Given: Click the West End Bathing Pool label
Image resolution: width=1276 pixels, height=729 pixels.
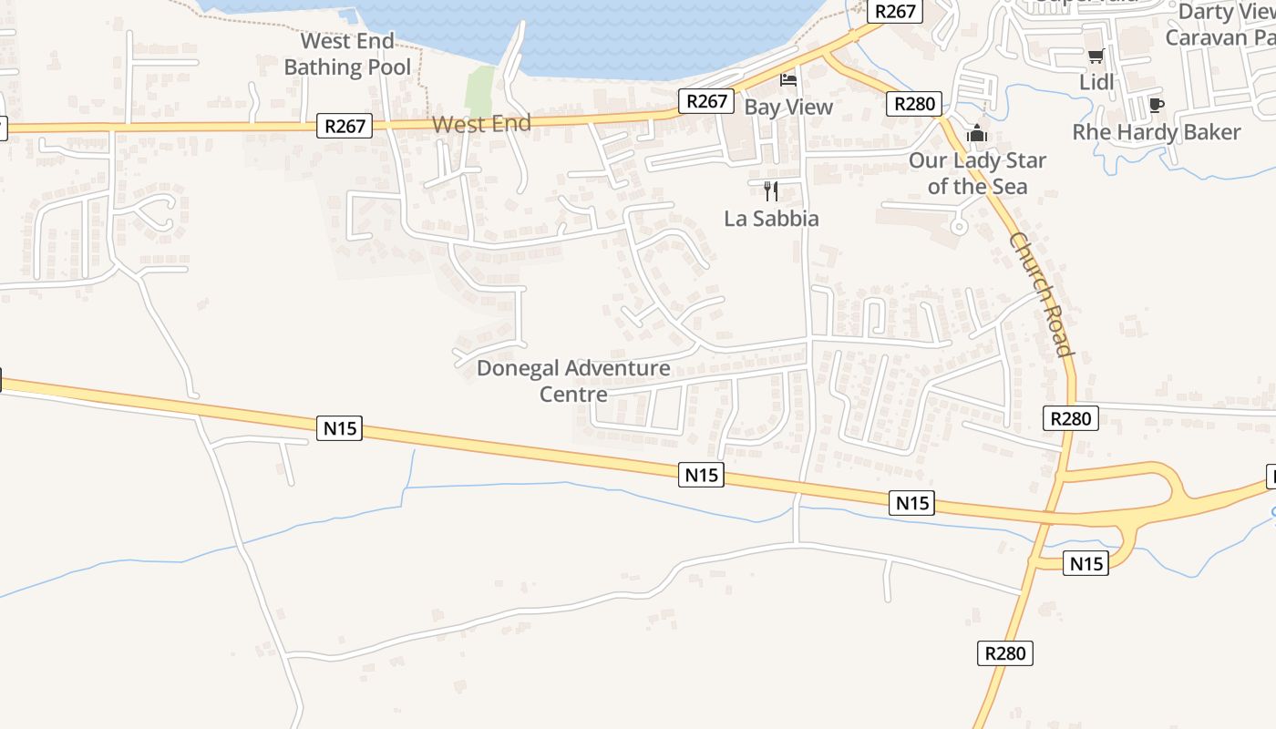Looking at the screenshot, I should tap(347, 54).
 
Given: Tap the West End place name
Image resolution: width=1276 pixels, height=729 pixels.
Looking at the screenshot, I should tap(481, 124).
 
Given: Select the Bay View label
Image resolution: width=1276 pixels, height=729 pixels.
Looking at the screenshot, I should tap(788, 107).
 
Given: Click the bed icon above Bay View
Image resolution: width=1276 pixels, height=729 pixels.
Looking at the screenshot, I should tap(788, 80).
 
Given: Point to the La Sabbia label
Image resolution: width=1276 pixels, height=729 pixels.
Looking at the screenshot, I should tap(771, 219).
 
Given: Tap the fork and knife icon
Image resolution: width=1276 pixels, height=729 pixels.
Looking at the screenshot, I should tap(771, 190).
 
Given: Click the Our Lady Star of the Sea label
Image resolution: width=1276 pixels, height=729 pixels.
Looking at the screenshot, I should tap(977, 173).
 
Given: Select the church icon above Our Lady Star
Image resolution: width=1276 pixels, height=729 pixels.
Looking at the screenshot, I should tap(977, 134).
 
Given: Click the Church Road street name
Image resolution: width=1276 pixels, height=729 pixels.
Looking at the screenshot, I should tap(1040, 293).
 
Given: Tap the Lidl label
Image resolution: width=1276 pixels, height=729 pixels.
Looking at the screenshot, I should tap(1096, 82).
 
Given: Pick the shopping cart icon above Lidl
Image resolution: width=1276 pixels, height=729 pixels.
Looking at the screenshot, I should tap(1096, 56).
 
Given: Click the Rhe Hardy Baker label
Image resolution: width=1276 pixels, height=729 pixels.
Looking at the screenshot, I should tap(1156, 132).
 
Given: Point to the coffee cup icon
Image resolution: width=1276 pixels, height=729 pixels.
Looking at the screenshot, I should tap(1156, 105).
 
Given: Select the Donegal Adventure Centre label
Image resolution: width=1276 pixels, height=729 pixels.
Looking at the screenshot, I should tap(573, 381).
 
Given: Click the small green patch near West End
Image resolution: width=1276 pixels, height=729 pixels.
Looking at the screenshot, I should tap(479, 91).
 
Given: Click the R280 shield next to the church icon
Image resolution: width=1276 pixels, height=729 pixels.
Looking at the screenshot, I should tap(914, 104).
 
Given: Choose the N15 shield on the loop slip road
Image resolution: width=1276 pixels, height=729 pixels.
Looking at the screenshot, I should tap(1086, 564).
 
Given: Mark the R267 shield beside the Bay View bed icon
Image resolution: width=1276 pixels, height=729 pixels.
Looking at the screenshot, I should tap(706, 101).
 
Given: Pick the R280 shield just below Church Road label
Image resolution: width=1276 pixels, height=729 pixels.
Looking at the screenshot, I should tap(1071, 418).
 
